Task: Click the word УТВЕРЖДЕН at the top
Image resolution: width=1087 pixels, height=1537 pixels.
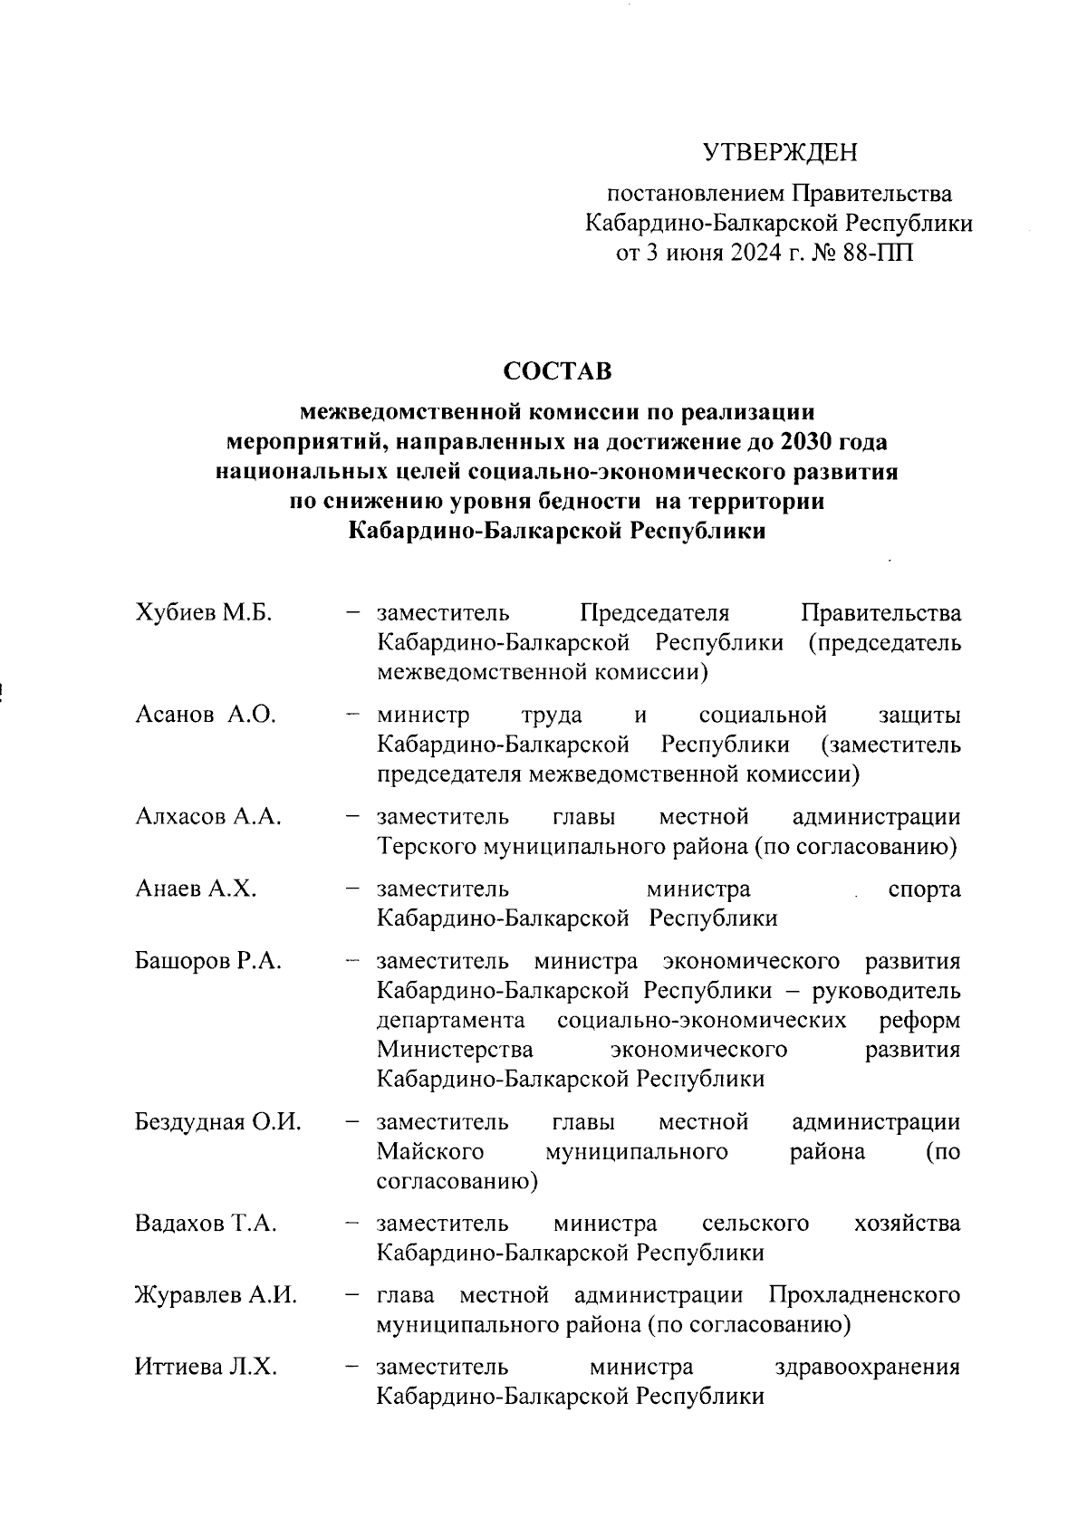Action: click(x=780, y=153)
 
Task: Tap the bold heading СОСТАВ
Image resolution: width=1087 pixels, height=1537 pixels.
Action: click(x=557, y=371)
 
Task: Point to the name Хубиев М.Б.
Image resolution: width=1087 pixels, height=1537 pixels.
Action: click(x=204, y=613)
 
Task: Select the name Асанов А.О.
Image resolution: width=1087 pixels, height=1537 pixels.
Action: click(x=206, y=716)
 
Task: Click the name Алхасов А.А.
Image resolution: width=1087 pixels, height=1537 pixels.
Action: click(x=208, y=817)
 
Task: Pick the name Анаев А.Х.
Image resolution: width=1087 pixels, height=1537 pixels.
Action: click(x=196, y=889)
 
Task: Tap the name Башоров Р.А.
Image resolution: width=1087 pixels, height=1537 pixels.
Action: click(x=208, y=961)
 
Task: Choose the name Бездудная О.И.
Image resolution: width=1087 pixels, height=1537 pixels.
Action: click(x=218, y=1123)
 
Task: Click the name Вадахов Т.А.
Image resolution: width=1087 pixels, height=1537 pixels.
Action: click(x=206, y=1225)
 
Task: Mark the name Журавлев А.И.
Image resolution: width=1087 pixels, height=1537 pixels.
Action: click(x=216, y=1296)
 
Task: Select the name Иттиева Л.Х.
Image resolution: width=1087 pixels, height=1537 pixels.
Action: click(x=206, y=1368)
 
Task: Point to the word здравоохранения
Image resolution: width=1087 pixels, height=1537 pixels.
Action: click(x=868, y=1368)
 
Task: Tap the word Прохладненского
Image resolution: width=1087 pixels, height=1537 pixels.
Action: click(x=864, y=1296)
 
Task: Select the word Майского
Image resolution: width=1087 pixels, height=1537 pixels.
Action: click(x=430, y=1152)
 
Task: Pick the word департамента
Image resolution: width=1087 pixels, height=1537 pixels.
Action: click(x=451, y=1021)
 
